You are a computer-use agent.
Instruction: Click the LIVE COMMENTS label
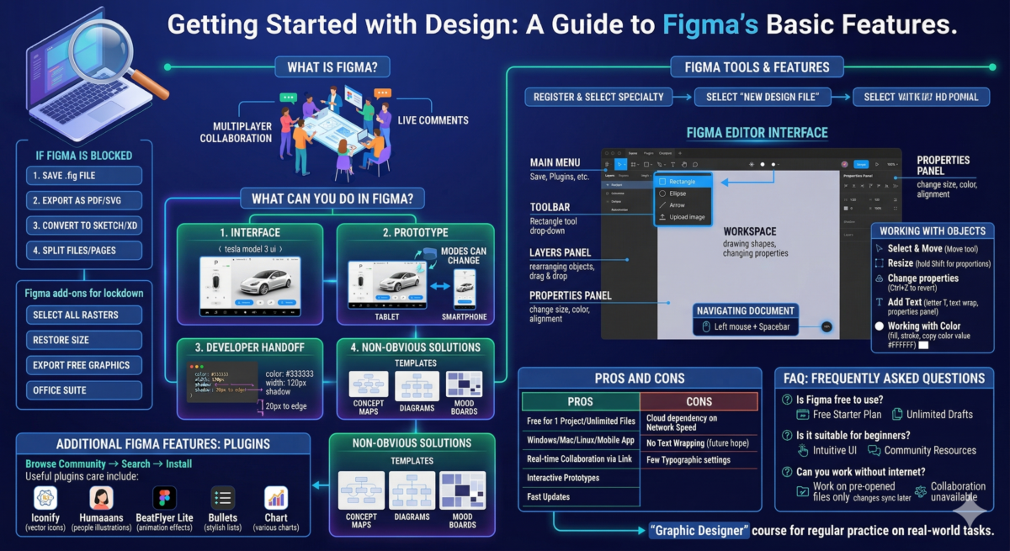[x=433, y=120]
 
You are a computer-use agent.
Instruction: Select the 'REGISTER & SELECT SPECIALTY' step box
[x=598, y=97]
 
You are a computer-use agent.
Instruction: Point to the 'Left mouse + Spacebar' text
[x=752, y=326]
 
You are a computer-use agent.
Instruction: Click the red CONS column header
[x=699, y=401]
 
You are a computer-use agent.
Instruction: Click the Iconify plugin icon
[x=45, y=498]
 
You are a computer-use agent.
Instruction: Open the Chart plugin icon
[x=276, y=498]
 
